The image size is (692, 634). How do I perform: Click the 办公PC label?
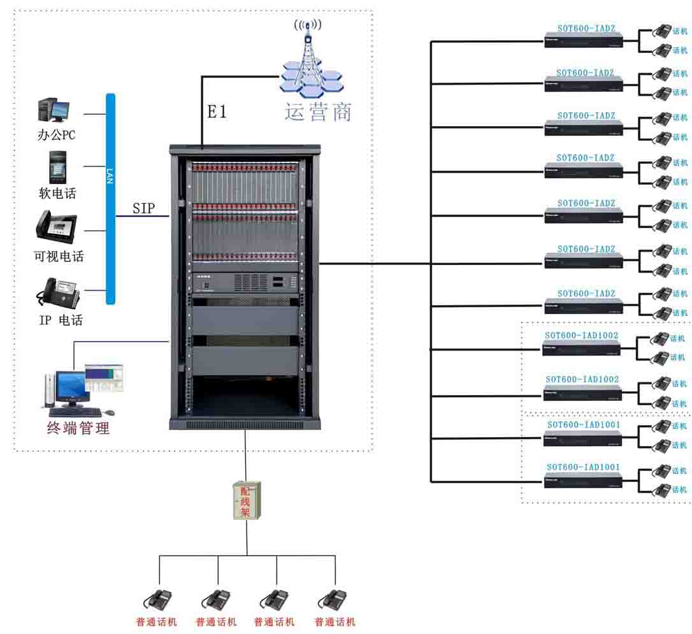coord(57,135)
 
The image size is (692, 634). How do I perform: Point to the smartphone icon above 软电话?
coord(58,167)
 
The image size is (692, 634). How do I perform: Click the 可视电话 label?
coord(59,257)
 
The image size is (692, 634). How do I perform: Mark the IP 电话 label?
coord(61,320)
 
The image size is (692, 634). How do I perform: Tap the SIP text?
coord(143,208)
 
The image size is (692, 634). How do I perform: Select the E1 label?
coord(217,112)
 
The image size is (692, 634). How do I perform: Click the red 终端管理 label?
coord(78,428)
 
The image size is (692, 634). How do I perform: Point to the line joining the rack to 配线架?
coord(245,456)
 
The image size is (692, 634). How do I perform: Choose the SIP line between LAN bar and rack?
coord(142,216)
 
